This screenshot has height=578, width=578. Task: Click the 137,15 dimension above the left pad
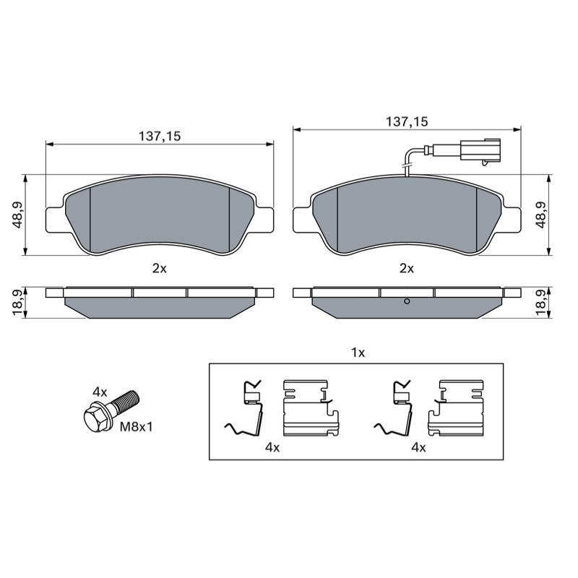click(160, 137)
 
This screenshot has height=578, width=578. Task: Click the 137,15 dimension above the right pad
click(407, 121)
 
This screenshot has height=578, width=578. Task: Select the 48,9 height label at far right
click(540, 215)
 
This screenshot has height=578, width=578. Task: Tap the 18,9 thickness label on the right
click(540, 302)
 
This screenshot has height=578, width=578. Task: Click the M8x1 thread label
click(137, 427)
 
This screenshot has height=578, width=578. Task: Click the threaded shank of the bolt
click(125, 401)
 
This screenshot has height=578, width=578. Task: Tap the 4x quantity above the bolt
click(100, 392)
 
